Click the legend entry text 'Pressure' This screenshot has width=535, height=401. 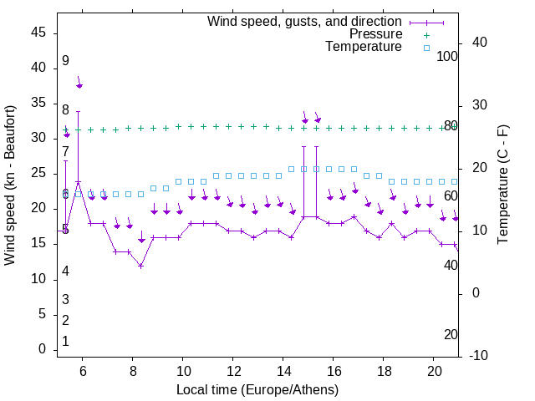(x=375, y=34)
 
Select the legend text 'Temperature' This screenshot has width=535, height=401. (x=364, y=47)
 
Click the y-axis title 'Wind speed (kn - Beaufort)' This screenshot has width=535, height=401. (x=10, y=185)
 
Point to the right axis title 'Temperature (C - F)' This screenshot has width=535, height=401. (x=502, y=185)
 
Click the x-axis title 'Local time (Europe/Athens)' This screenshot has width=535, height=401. (x=257, y=390)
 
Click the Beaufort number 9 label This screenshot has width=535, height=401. (x=65, y=61)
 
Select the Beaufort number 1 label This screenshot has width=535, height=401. (x=65, y=342)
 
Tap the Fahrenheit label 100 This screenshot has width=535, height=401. (x=448, y=56)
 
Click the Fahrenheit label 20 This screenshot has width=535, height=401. (x=451, y=334)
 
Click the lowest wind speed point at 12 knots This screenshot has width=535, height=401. (x=141, y=266)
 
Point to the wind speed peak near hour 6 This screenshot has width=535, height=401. (x=78, y=182)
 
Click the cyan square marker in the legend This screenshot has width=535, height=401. (x=426, y=48)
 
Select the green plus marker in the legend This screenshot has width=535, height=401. (x=426, y=35)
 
